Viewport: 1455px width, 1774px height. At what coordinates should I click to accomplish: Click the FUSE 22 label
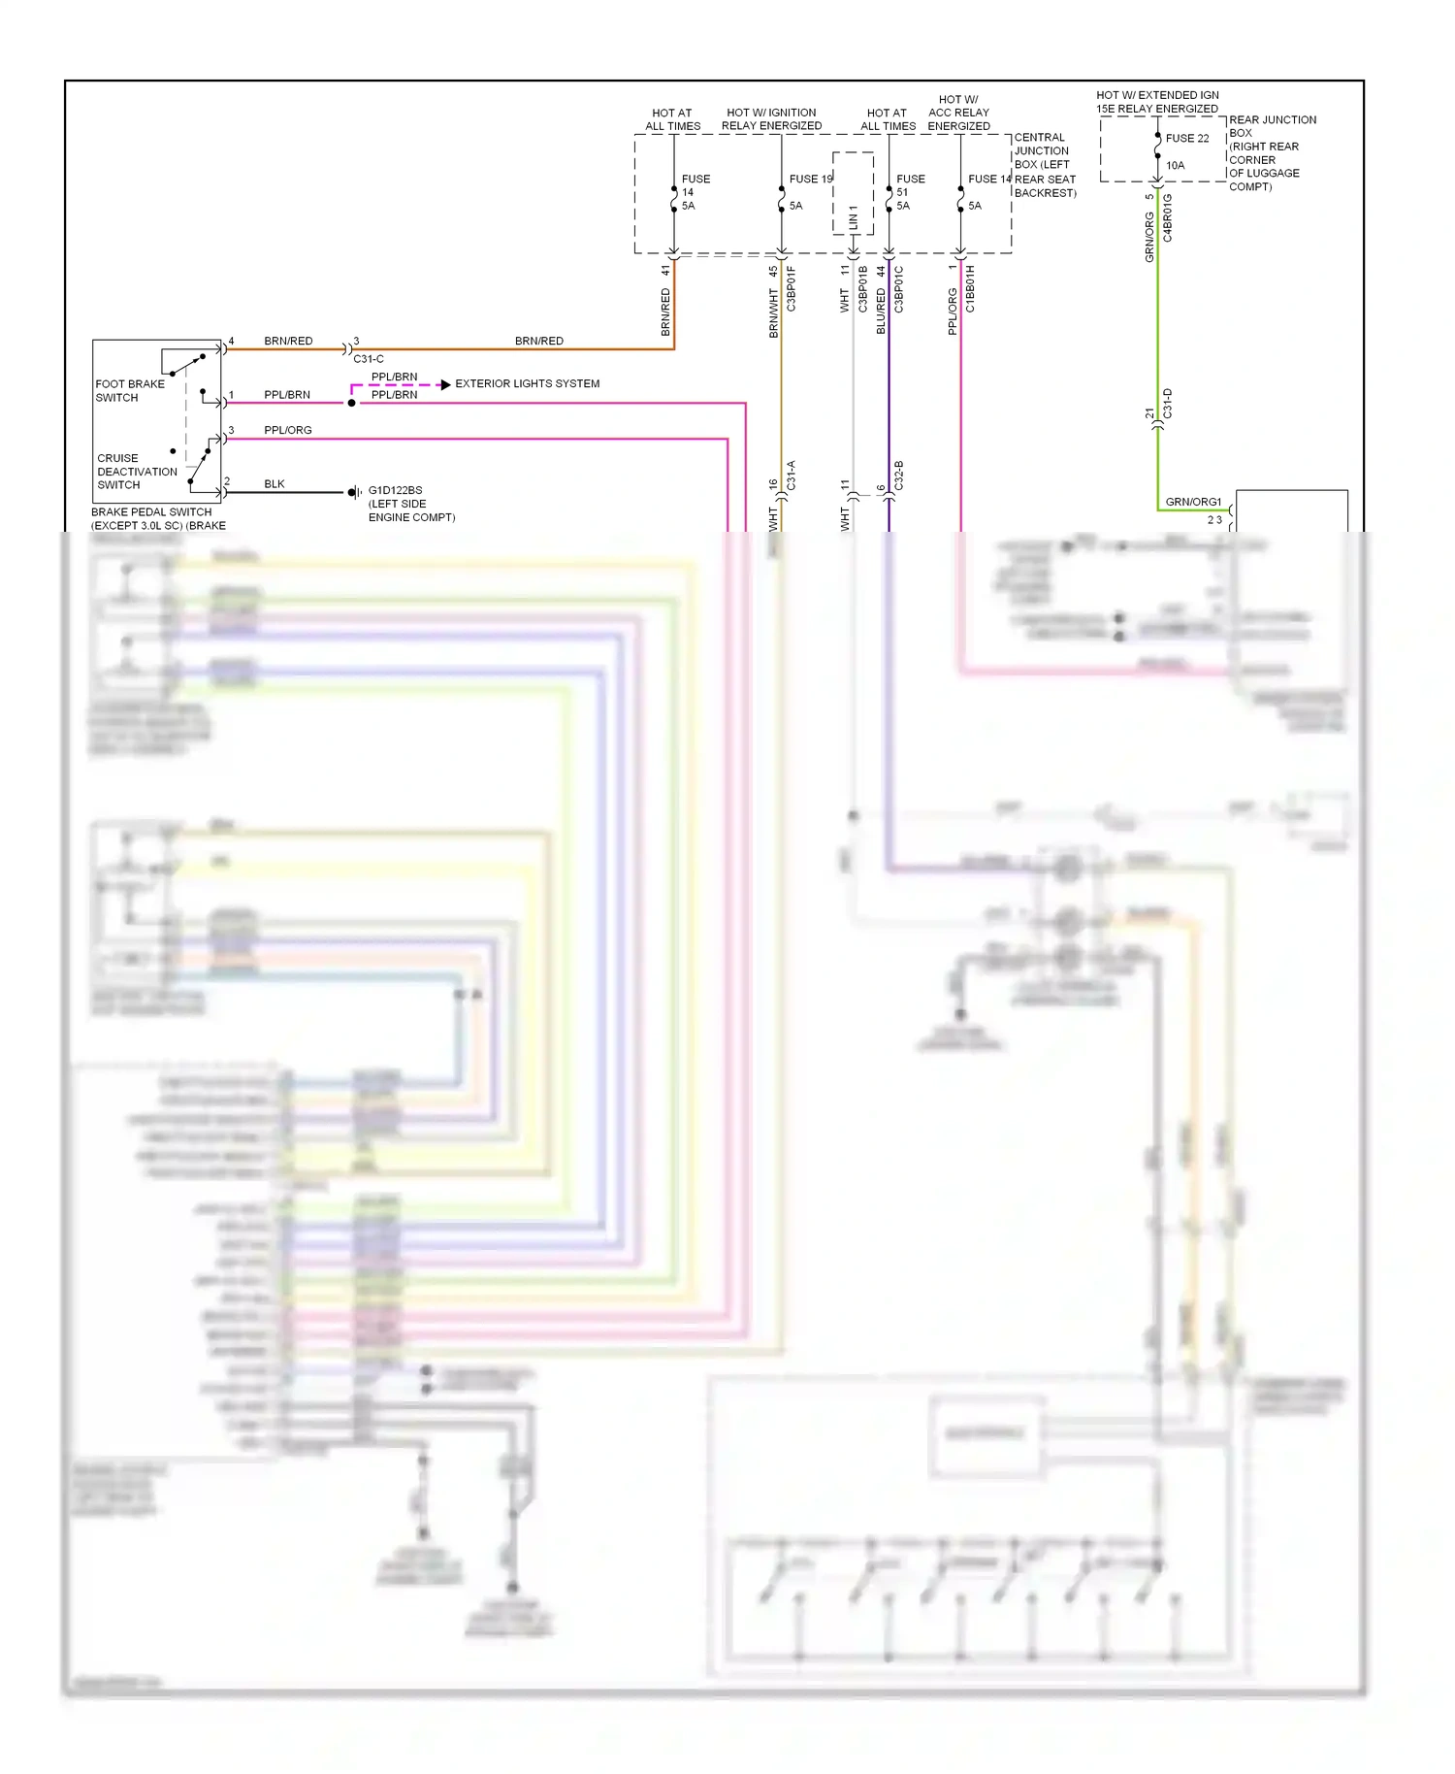tap(1186, 139)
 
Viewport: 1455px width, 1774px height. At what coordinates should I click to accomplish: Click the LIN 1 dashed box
tap(853, 193)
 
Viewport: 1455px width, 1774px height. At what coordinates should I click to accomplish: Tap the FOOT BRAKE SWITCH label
tap(129, 391)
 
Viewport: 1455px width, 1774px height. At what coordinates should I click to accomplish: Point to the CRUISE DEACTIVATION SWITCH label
tap(137, 472)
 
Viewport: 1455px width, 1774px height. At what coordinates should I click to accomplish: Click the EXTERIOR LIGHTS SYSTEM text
tap(527, 384)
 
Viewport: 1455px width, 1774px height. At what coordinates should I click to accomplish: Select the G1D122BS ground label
tap(395, 491)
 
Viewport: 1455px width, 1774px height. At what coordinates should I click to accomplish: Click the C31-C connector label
tap(369, 359)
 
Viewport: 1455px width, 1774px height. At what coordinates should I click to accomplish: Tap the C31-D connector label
tap(1168, 404)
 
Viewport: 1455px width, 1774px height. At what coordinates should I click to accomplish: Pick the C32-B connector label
tap(899, 476)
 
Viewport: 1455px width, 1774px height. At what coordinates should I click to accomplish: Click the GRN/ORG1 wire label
tap(1193, 502)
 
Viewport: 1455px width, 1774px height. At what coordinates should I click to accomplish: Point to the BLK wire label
tap(275, 484)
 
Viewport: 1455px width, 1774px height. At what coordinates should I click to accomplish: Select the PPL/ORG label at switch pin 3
tap(288, 431)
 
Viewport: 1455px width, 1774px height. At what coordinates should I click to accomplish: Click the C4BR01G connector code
tap(1168, 218)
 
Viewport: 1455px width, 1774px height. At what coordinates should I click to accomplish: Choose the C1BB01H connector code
tap(970, 289)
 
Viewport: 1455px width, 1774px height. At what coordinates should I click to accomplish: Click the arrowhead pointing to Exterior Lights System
tap(445, 385)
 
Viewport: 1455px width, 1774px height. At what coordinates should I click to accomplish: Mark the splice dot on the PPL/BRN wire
tap(351, 403)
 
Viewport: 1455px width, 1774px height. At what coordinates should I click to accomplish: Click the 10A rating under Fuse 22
tap(1175, 166)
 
